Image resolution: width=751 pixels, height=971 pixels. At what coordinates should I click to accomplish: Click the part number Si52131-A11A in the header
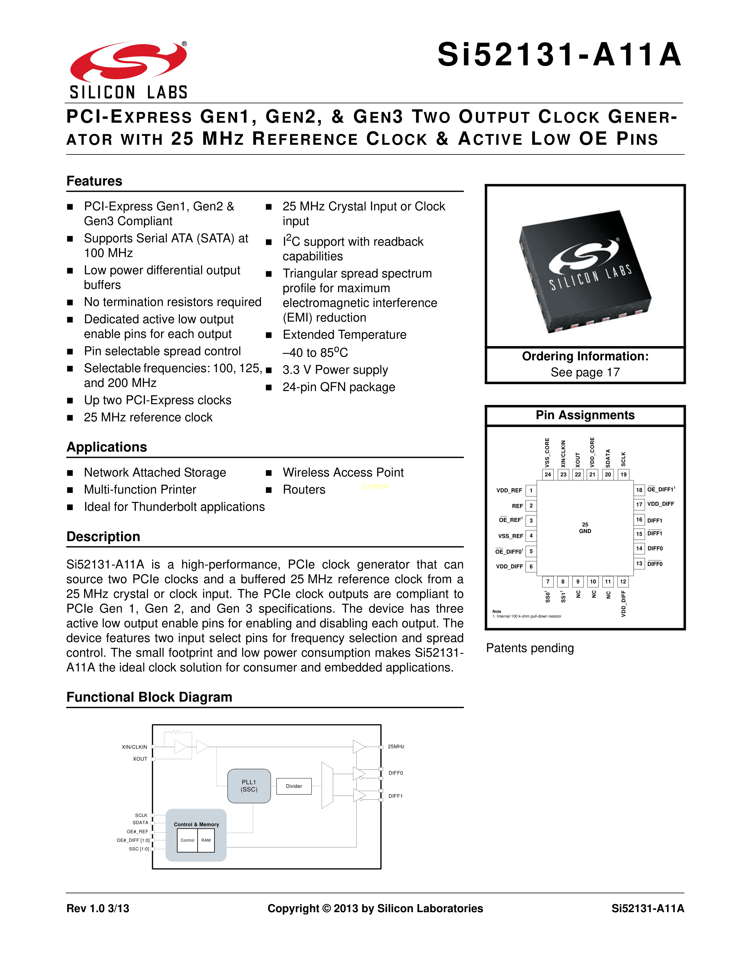coord(559,55)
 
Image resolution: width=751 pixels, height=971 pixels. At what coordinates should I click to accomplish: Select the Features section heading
coord(94,181)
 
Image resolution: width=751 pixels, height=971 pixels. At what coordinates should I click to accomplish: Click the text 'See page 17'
coord(585,372)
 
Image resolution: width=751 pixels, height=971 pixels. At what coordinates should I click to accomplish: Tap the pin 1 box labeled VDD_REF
coord(531,491)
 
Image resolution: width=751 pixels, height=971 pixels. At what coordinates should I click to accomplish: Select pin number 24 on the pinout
coord(548,474)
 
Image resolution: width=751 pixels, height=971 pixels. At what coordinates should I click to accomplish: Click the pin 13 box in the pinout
coord(639,564)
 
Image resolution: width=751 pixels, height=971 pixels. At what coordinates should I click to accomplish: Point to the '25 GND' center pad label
coord(585,528)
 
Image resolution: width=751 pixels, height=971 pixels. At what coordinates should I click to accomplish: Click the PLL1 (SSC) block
coord(249,786)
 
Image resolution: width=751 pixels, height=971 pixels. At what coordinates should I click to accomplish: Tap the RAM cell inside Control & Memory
coord(206,840)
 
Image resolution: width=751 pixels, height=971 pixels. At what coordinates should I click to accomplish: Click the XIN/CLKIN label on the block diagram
coord(134,747)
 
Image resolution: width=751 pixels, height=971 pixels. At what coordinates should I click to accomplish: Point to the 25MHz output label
coord(396,746)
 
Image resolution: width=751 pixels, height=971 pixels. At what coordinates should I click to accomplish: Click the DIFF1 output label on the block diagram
coord(396,796)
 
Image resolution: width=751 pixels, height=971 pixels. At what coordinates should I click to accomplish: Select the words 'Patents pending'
coord(530,648)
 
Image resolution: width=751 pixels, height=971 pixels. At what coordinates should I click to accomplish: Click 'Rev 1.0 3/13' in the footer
coord(98,908)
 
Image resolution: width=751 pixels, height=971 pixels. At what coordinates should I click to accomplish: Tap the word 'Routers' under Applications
coord(304,490)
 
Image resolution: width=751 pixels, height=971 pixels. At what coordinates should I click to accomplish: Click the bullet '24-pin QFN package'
coord(339,387)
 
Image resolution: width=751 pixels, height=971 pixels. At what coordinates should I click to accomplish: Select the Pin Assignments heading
coord(585,415)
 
